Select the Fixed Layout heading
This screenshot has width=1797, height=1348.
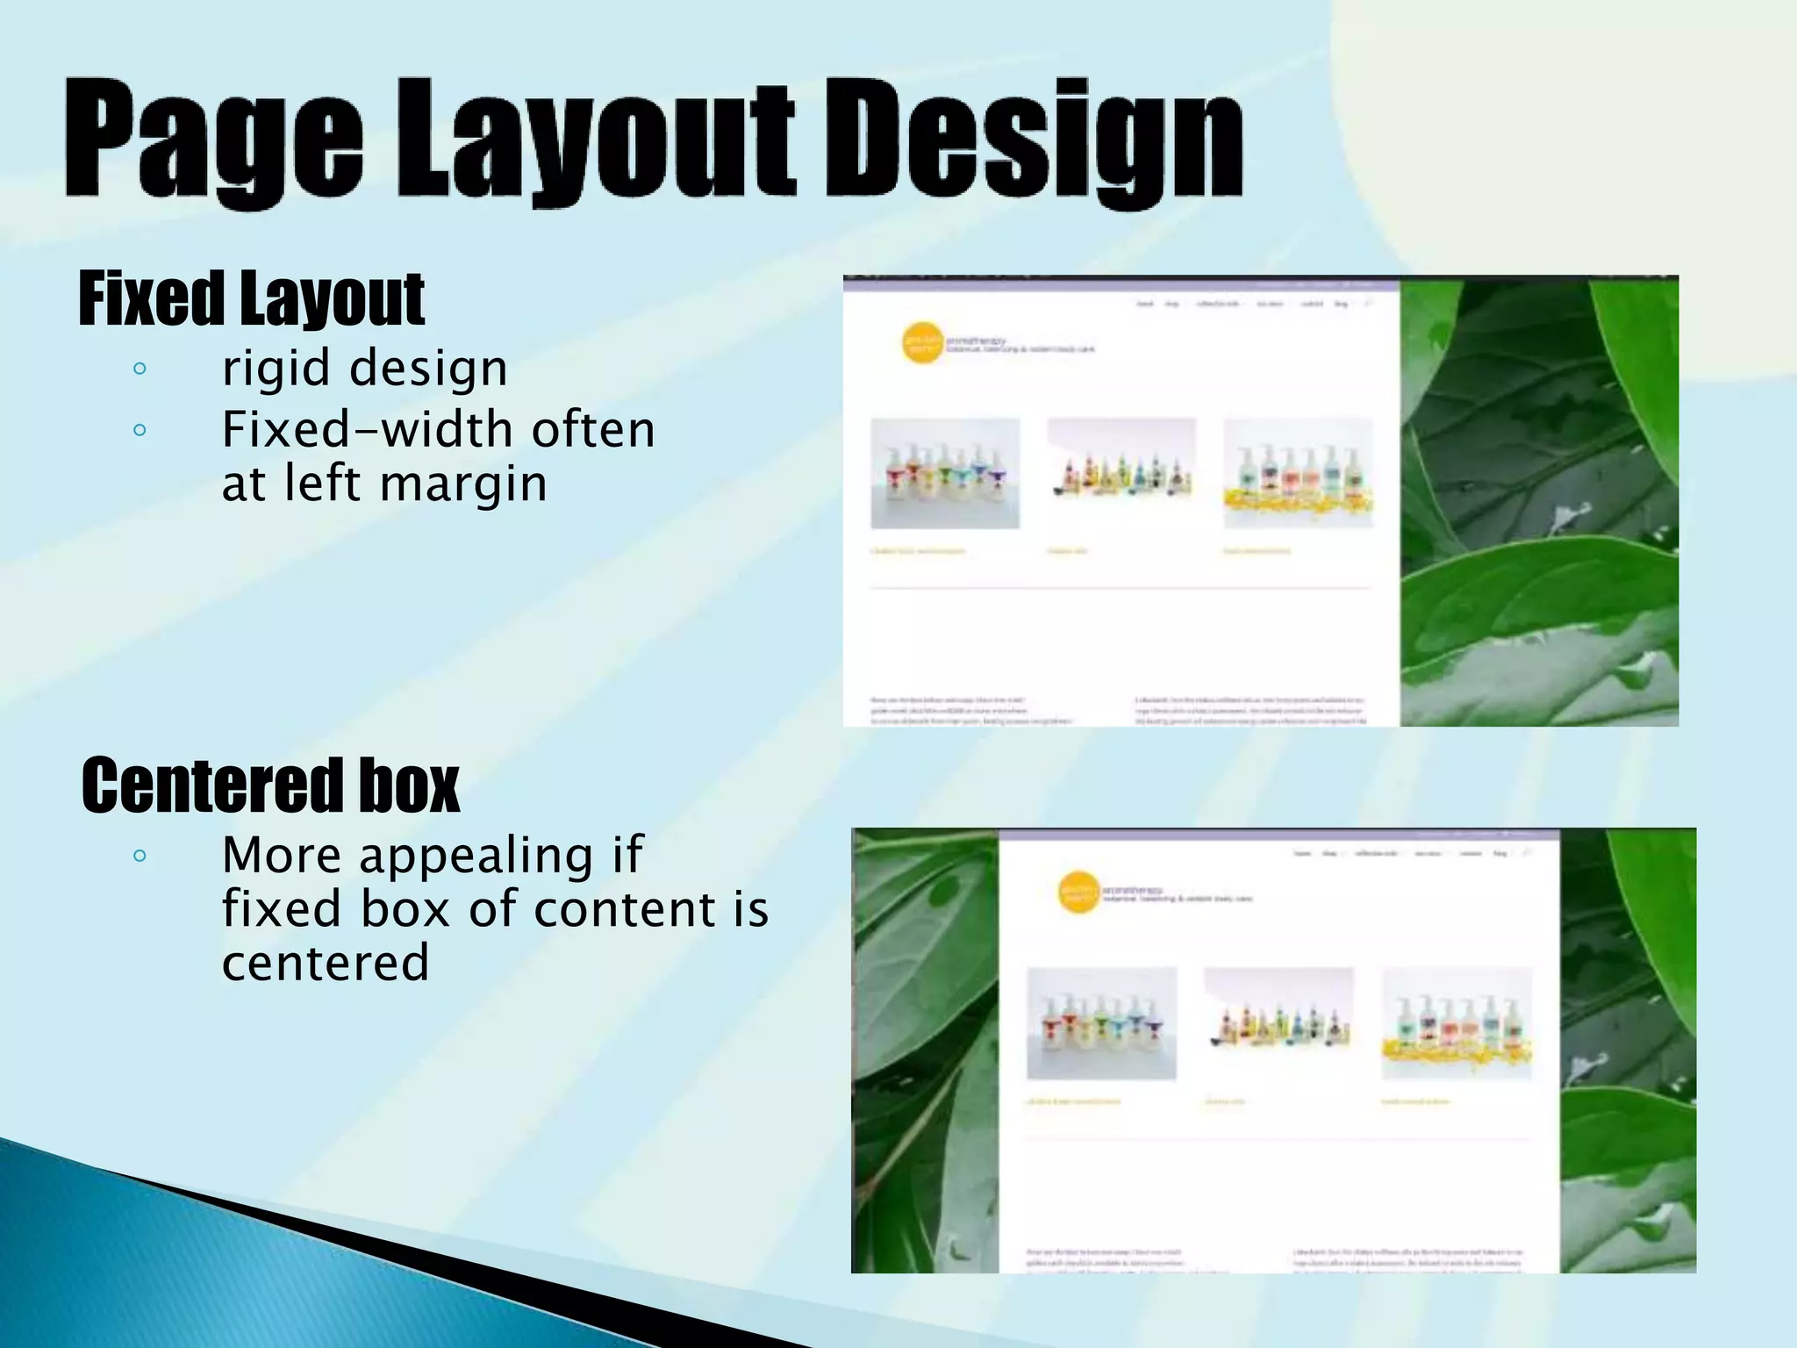click(252, 300)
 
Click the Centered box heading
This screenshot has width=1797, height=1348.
click(270, 785)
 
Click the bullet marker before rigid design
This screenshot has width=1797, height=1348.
click(140, 369)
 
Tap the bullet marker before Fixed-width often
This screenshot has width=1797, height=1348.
click(140, 430)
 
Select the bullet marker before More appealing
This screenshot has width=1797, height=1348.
click(140, 855)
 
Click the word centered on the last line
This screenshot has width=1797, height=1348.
click(326, 963)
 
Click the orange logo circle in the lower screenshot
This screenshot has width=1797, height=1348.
click(1079, 893)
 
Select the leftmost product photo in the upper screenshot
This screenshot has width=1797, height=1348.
click(945, 474)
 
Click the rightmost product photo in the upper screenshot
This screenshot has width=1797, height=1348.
click(1298, 474)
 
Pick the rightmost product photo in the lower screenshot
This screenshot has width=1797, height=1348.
click(1457, 1023)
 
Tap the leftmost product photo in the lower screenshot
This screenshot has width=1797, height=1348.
click(1101, 1023)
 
